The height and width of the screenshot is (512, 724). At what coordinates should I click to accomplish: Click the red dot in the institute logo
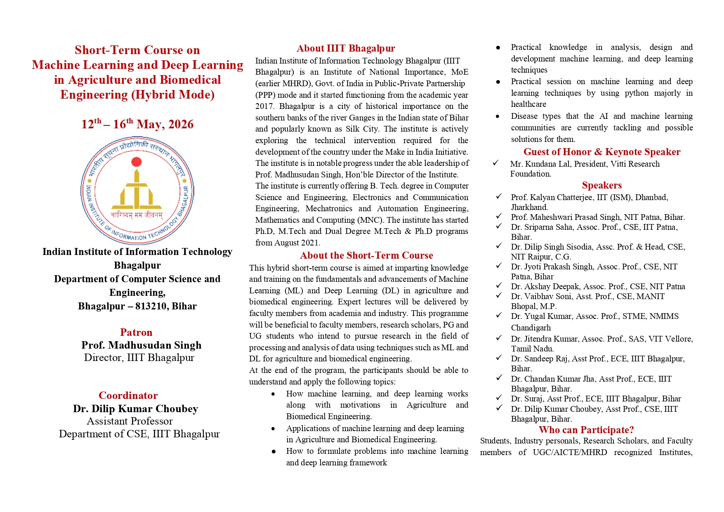137,162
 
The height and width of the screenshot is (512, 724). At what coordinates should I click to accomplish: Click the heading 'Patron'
136,332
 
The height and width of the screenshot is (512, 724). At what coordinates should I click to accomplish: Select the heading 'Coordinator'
128,395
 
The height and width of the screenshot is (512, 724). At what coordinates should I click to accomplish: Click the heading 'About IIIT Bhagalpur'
346,48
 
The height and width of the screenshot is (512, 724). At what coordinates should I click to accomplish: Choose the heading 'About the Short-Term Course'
366,255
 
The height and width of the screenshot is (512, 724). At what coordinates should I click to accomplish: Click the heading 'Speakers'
602,185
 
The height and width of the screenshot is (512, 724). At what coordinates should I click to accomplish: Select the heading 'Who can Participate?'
586,430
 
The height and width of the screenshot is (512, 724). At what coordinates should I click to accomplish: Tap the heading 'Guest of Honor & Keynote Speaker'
602,152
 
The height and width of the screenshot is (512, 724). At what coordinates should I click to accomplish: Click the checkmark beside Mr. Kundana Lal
496,163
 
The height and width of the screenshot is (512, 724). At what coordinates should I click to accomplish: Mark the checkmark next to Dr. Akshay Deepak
499,285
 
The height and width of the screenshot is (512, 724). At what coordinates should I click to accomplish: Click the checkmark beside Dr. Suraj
499,398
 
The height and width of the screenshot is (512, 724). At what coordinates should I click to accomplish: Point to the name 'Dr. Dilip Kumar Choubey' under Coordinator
136,408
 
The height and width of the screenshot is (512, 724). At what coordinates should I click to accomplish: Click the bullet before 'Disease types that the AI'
498,117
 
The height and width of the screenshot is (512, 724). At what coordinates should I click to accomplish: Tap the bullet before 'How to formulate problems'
274,452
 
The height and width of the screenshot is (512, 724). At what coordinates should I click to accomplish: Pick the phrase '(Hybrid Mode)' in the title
173,94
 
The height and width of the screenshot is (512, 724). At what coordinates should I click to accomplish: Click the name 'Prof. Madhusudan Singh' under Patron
141,345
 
